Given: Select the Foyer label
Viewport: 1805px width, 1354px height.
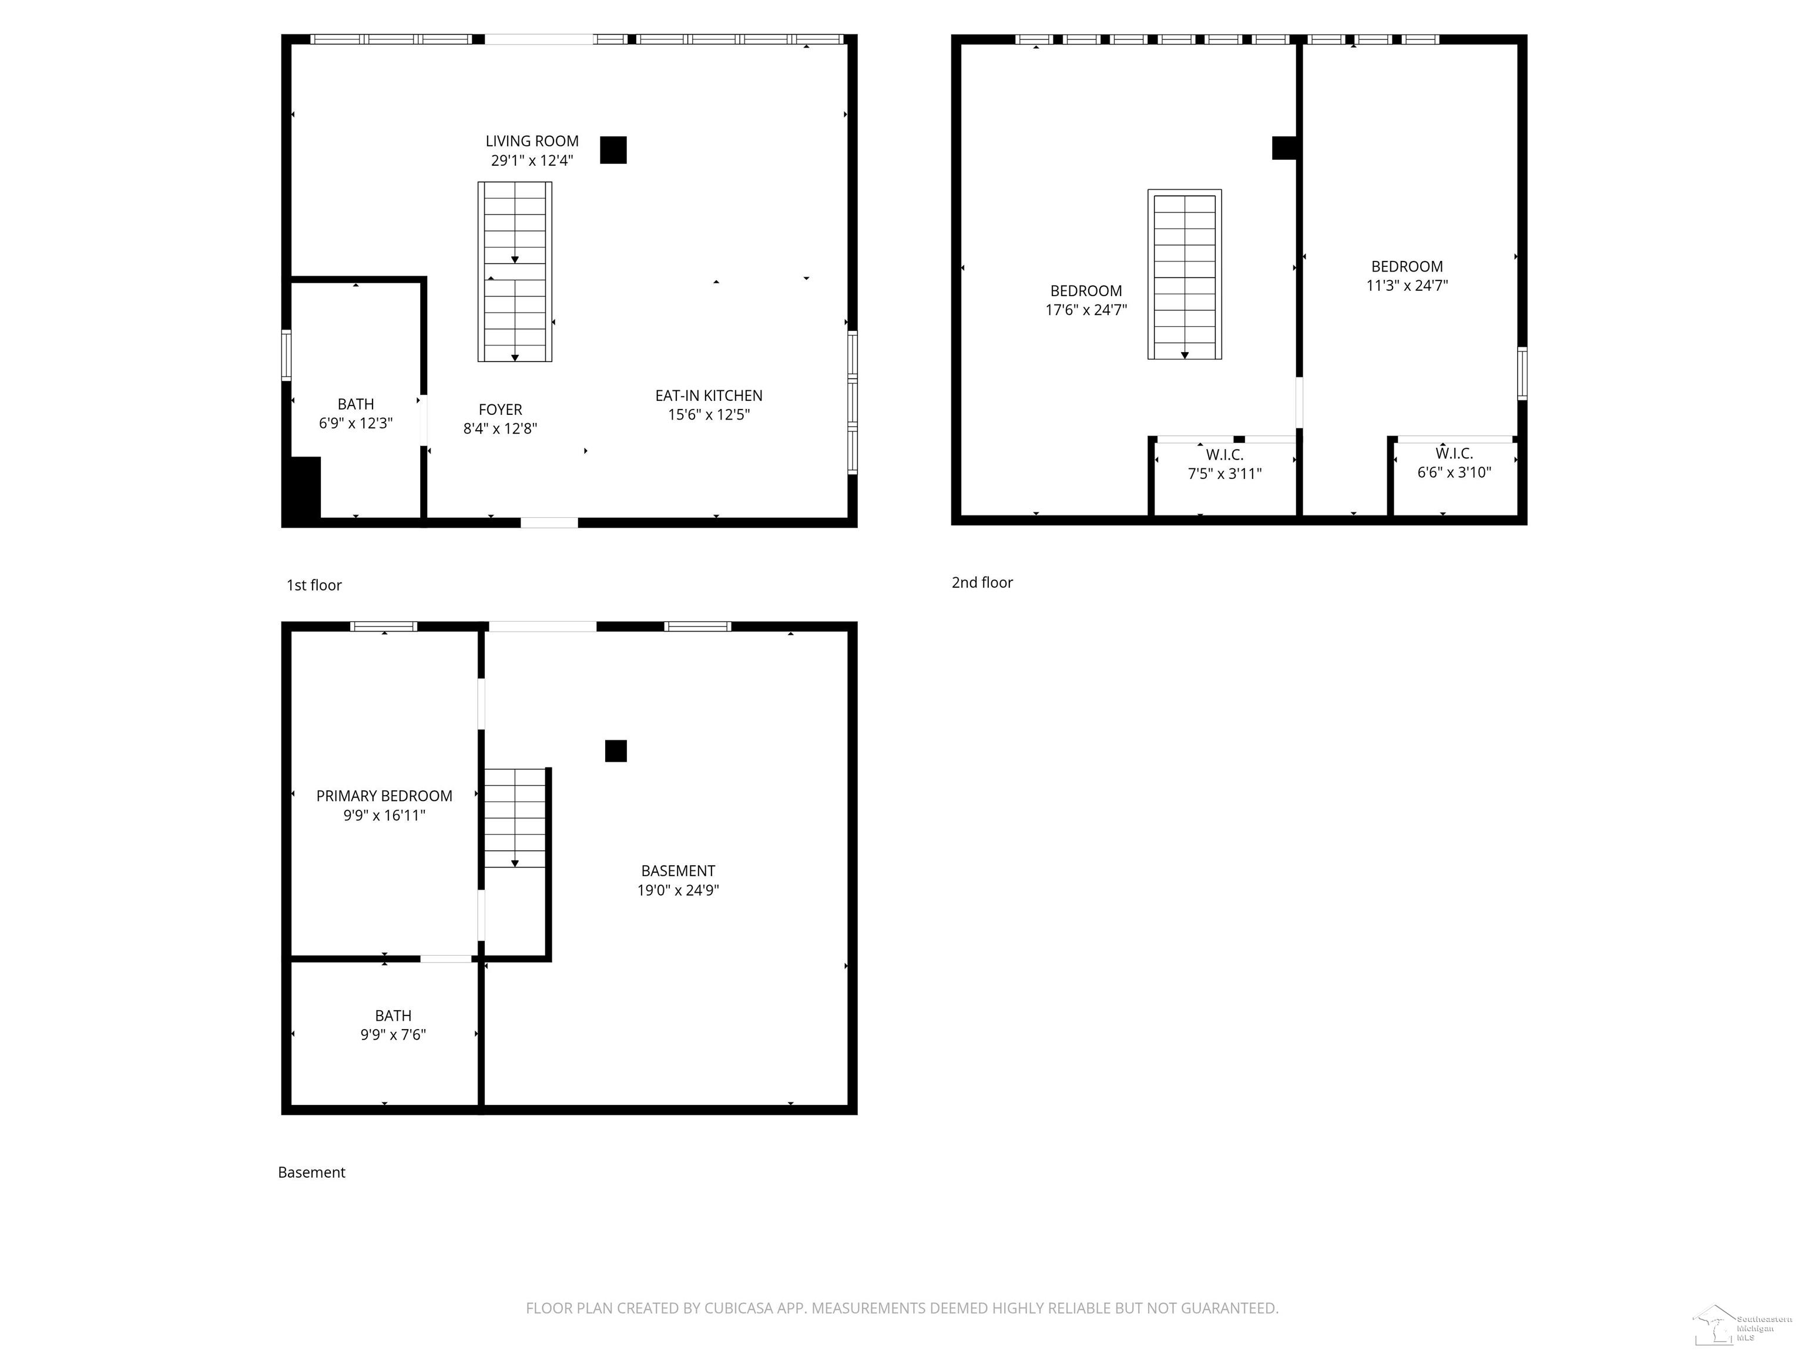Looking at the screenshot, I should [x=500, y=410].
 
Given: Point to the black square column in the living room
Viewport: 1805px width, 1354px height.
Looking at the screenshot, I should [x=613, y=150].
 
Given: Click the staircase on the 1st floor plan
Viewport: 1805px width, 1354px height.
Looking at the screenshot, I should [x=515, y=271].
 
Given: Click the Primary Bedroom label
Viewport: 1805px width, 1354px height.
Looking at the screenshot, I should [x=384, y=796].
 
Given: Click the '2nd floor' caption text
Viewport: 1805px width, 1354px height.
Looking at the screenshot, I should [x=982, y=583].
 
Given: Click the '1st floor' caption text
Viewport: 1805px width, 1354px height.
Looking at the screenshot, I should [x=314, y=585].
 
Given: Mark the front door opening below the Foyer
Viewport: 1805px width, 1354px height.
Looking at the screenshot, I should [x=549, y=522].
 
